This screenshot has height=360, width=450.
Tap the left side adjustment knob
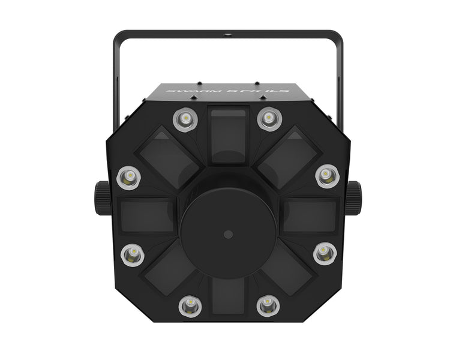coord(100,194)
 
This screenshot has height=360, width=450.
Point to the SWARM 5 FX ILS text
coord(226,91)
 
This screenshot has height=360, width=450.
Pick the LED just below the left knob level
coord(131,255)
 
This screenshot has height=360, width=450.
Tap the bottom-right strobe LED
coord(268,305)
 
